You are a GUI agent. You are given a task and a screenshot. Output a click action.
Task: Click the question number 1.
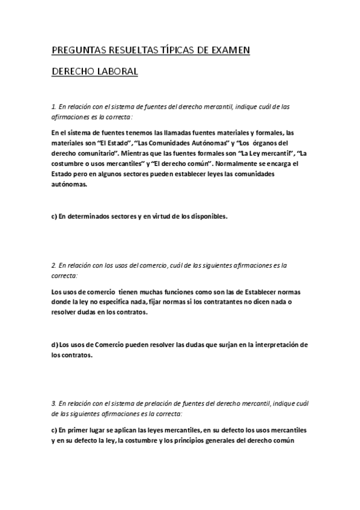(53, 107)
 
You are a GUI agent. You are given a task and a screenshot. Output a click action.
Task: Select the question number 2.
(53, 264)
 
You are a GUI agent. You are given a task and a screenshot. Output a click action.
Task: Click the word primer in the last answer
(78, 431)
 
